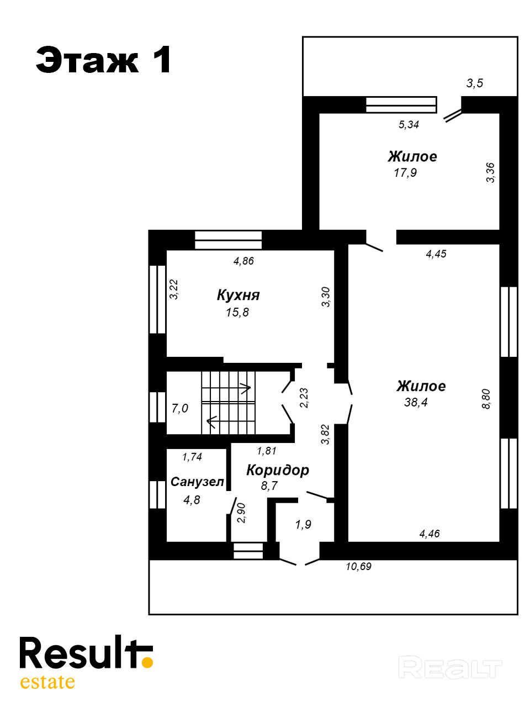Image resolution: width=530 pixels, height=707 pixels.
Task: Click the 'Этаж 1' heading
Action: pos(103,60)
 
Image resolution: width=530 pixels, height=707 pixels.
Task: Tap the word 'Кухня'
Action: pos(238,296)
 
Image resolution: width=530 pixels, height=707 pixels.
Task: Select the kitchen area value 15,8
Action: pos(237,312)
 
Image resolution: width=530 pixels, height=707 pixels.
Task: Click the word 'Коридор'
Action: pos(277,470)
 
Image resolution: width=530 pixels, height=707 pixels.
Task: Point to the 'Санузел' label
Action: pos(197,482)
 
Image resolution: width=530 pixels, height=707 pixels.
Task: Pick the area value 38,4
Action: pos(416,402)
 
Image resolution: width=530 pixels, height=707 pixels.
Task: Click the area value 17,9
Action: pos(405,173)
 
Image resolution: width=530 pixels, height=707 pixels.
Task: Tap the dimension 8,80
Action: pos(486,399)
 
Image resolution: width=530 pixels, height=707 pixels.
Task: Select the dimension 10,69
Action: pos(358,566)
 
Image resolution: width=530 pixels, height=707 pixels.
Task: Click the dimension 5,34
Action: pos(409,124)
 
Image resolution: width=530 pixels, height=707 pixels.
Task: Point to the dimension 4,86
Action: pos(243,261)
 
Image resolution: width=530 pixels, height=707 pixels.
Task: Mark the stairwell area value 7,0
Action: pos(180,408)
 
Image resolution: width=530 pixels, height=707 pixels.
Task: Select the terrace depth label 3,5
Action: pos(475,83)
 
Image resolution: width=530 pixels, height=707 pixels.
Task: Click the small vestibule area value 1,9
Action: pos(303,524)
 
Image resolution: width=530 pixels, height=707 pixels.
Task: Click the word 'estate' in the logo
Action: pos(47,682)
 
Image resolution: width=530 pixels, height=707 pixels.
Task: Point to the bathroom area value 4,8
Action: pos(192,500)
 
